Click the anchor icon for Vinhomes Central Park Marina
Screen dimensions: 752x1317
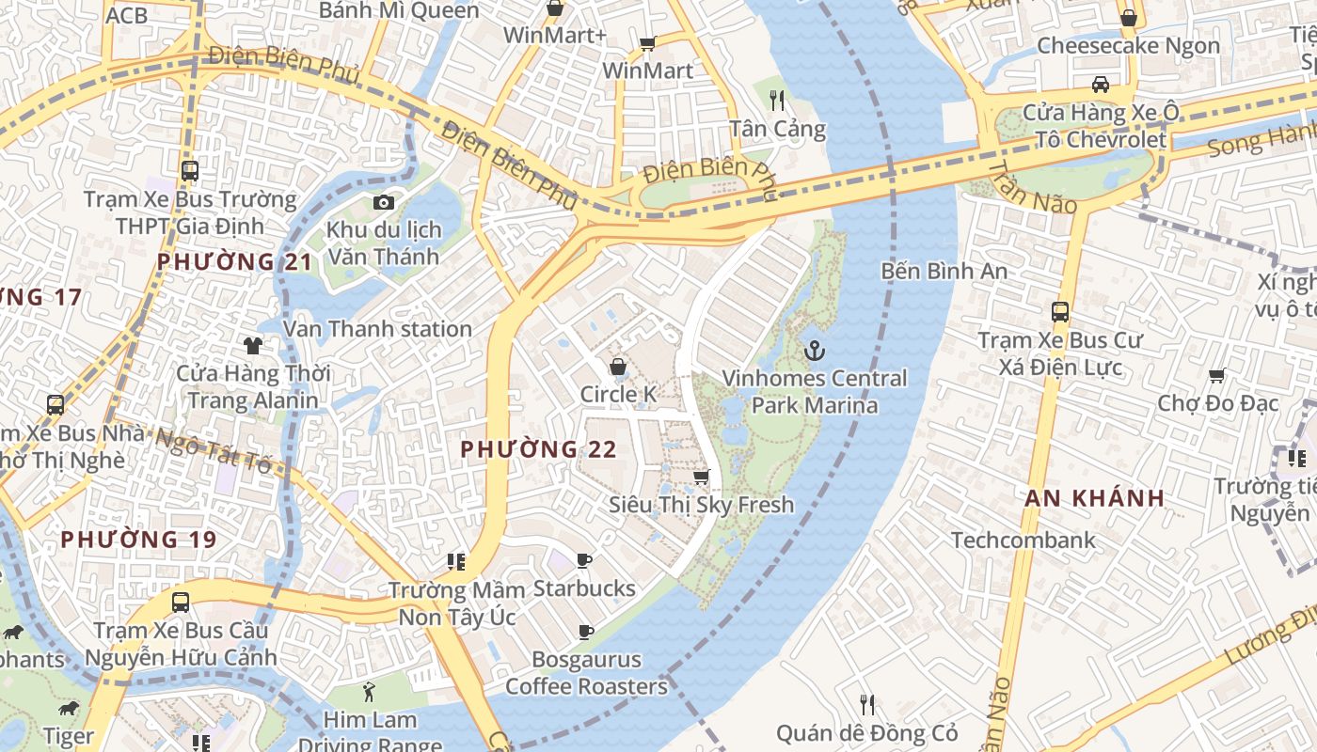click(815, 352)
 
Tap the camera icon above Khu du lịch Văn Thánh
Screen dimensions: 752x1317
click(383, 202)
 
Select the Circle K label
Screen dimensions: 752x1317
click(618, 395)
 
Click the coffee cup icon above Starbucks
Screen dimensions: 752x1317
click(584, 561)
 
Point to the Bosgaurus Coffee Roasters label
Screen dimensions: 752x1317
click(586, 673)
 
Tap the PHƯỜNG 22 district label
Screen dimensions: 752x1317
click(538, 449)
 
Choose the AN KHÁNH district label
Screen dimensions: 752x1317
click(1095, 498)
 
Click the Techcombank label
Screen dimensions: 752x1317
click(1023, 540)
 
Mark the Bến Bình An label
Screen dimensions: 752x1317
click(944, 272)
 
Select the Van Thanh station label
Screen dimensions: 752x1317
click(377, 329)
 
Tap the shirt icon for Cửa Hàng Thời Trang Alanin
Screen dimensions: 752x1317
click(253, 346)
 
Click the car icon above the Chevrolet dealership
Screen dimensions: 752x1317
click(1100, 85)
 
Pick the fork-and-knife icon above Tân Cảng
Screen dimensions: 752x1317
click(776, 100)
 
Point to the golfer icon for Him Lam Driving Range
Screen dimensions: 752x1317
click(369, 693)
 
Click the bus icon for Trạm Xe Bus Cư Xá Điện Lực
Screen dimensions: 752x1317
click(1060, 312)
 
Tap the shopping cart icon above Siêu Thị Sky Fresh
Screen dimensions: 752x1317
click(701, 478)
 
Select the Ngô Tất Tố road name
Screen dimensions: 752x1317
click(213, 450)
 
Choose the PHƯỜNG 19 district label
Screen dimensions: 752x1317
click(138, 540)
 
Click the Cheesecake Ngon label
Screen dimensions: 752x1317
click(1128, 46)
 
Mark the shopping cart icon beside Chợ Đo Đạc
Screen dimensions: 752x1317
click(1216, 376)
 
